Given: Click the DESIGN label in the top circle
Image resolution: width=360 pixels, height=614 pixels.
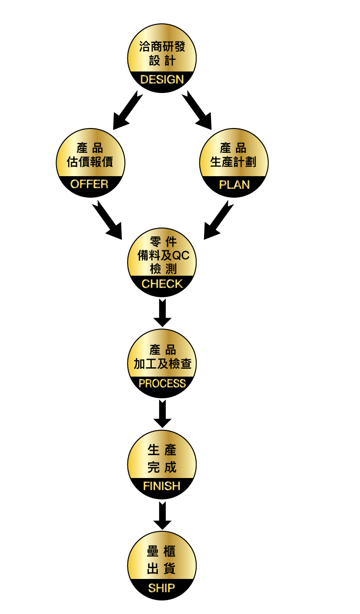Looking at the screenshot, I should point(162,79).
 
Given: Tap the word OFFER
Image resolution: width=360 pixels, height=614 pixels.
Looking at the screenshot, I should point(89,184).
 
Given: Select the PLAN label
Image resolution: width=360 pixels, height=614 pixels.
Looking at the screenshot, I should point(234,185).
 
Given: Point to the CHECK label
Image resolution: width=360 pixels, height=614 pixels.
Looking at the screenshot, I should point(162,284).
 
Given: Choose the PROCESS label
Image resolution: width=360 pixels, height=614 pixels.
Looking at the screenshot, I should point(162,384).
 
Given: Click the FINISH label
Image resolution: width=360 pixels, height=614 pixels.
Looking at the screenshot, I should point(162,486).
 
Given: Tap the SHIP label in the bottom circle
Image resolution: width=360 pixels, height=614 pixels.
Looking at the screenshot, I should point(162,588).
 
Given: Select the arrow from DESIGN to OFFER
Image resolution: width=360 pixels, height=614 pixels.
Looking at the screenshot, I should point(127,110).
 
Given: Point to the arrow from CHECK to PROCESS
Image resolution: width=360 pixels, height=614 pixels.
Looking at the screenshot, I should point(162,313).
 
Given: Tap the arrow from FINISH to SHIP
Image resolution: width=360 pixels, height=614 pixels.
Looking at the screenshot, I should point(162,515).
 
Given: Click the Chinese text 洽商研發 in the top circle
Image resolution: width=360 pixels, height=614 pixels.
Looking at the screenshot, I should point(162,47).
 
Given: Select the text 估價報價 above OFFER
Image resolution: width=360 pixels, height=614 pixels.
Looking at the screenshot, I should point(90,162).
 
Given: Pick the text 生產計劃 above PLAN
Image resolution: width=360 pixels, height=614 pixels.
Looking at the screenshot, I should point(234,162).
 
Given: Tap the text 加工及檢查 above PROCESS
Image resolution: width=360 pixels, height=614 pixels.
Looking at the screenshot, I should point(162,364).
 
